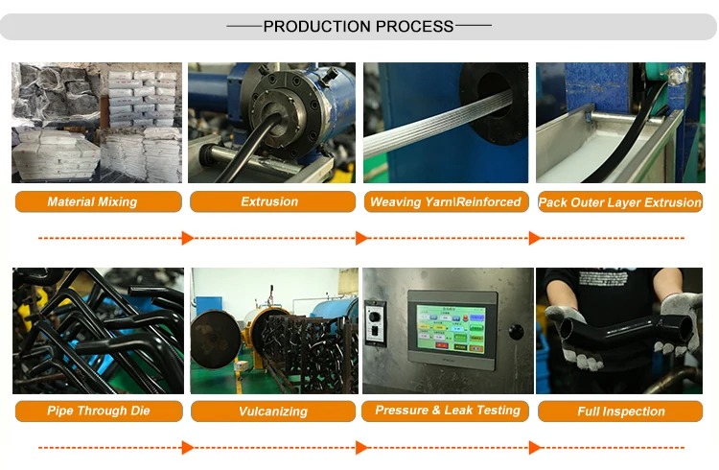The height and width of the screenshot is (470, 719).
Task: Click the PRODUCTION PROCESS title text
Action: tap(359, 26)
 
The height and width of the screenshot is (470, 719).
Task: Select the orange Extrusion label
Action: tap(269, 201)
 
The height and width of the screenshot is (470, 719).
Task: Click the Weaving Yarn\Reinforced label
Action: tap(445, 201)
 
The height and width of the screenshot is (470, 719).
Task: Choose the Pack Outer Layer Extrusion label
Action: tap(620, 202)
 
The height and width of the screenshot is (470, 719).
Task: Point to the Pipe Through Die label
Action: tap(99, 411)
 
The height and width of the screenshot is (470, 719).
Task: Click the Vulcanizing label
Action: tap(273, 411)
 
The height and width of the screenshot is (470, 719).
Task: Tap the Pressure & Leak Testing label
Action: tap(448, 410)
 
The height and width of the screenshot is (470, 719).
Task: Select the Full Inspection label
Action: tap(620, 411)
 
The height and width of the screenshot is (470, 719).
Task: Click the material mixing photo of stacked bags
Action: tap(96, 122)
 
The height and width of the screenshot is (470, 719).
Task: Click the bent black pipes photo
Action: tap(98, 331)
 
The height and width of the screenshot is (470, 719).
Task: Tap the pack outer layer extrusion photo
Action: tap(619, 122)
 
